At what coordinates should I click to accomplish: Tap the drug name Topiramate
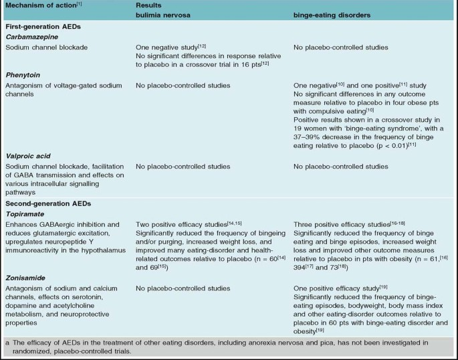(26, 212)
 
